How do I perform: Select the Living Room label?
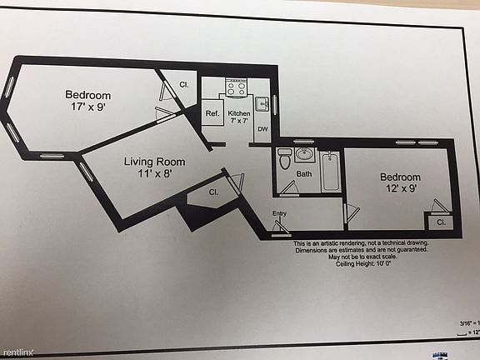point(155,167)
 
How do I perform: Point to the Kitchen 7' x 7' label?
point(239,117)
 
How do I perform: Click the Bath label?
point(304,173)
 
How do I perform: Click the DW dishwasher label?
point(262,129)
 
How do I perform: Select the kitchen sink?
point(261,103)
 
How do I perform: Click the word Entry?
point(279,214)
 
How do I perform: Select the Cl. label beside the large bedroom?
point(184,85)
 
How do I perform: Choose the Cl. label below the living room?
point(213,192)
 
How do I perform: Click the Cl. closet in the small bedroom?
point(441,222)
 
